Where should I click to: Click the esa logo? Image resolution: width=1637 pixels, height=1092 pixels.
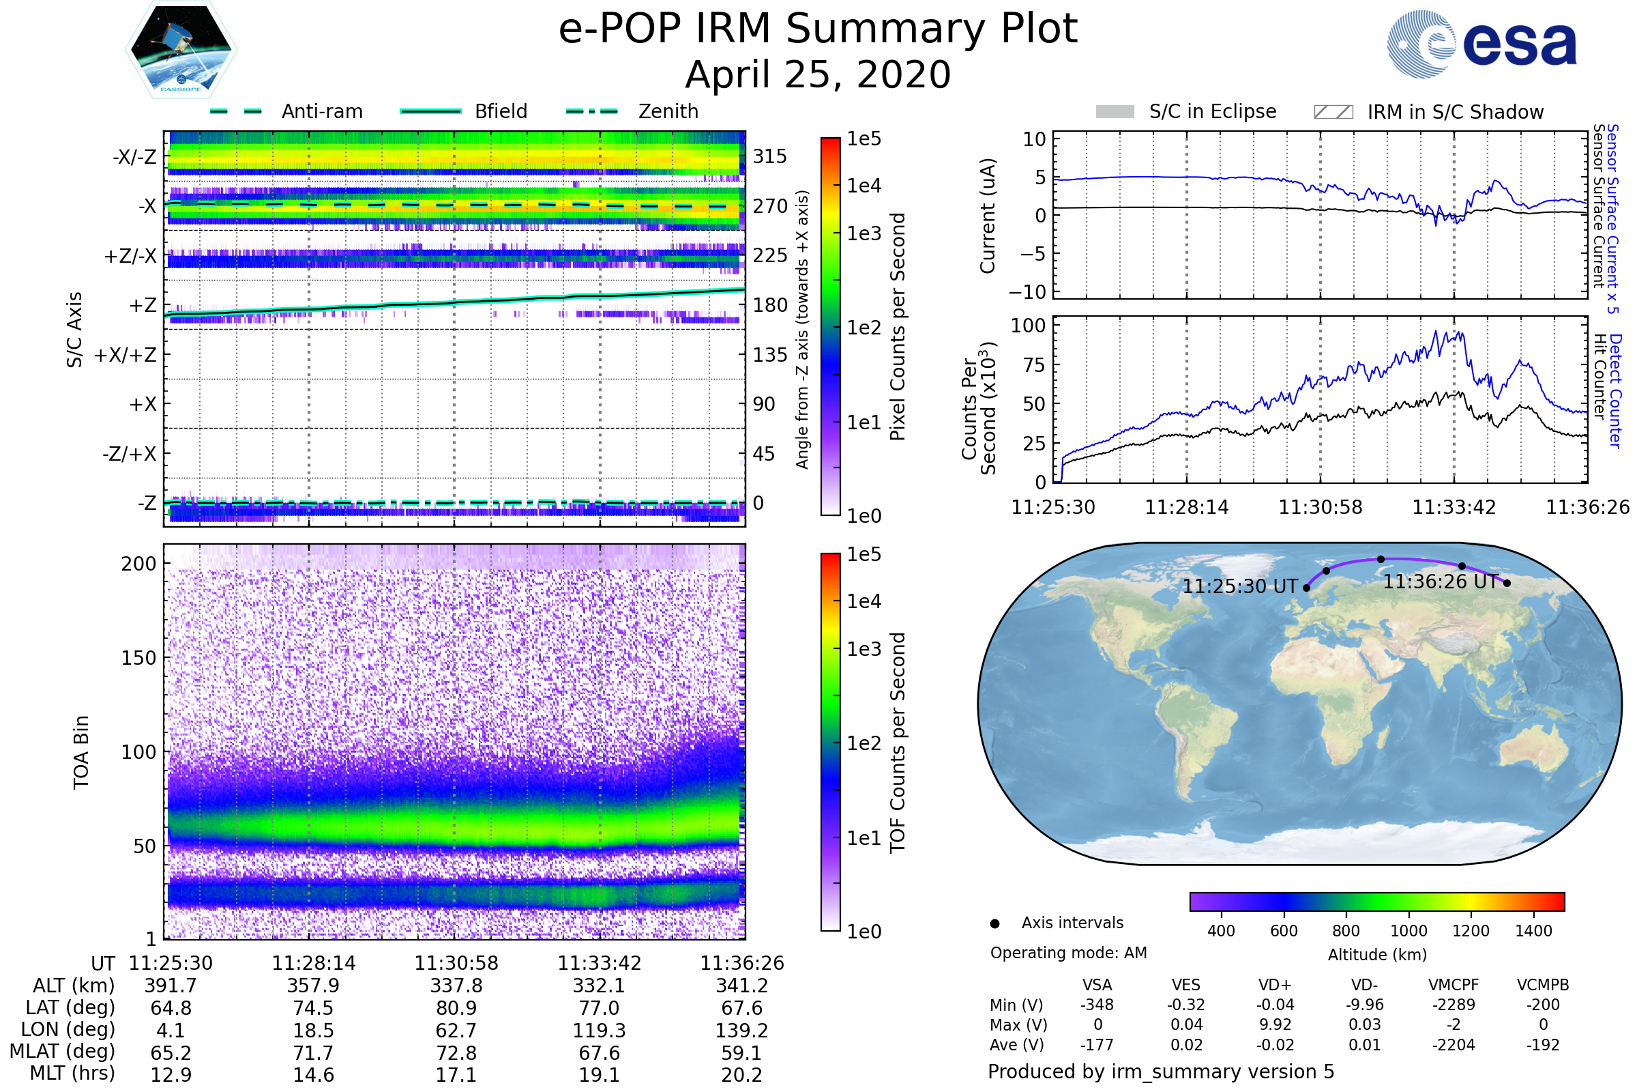[x=1481, y=44]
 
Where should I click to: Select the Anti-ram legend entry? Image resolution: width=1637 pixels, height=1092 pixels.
[x=321, y=111]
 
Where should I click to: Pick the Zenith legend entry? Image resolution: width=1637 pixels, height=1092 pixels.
[x=668, y=111]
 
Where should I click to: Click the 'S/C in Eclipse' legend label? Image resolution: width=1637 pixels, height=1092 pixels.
[x=1213, y=111]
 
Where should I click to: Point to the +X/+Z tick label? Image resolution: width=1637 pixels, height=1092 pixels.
[x=126, y=355]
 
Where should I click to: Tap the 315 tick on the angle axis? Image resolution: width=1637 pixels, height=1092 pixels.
[x=769, y=156]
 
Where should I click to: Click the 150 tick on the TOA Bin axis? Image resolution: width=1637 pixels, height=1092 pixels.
[x=138, y=658]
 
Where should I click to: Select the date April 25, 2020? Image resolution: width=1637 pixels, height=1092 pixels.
[x=818, y=74]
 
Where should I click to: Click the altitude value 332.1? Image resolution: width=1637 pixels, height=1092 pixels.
[x=599, y=986]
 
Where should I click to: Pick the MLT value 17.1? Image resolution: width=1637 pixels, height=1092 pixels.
[x=456, y=1074]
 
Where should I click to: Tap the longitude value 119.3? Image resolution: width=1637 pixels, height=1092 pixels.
[x=599, y=1030]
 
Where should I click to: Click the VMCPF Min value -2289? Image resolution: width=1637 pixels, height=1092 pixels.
[x=1454, y=1005]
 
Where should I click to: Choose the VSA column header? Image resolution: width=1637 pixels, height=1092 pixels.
[x=1097, y=985]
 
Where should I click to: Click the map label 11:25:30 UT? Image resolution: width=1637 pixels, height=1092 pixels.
[x=1239, y=586]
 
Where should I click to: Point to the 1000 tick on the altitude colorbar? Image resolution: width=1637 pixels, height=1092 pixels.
[x=1408, y=931]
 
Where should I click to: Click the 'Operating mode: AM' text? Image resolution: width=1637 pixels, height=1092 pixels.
[x=1068, y=953]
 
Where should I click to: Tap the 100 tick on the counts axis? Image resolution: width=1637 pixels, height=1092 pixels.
[x=1028, y=326]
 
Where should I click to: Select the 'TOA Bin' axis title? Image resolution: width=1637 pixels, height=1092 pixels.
[x=81, y=752]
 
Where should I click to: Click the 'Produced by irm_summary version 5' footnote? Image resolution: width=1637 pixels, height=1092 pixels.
[x=1160, y=1072]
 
